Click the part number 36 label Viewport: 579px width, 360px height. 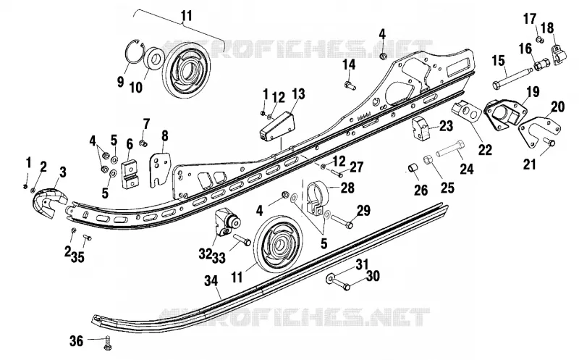coord(77,340)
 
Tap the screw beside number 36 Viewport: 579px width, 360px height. coord(107,342)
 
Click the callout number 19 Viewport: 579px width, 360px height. coord(533,92)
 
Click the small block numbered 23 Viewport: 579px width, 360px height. coord(421,128)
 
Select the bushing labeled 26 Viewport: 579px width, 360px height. coord(413,168)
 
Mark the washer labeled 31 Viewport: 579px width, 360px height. coord(330,277)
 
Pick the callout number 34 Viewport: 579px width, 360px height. coord(211,282)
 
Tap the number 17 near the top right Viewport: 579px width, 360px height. coord(530,19)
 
